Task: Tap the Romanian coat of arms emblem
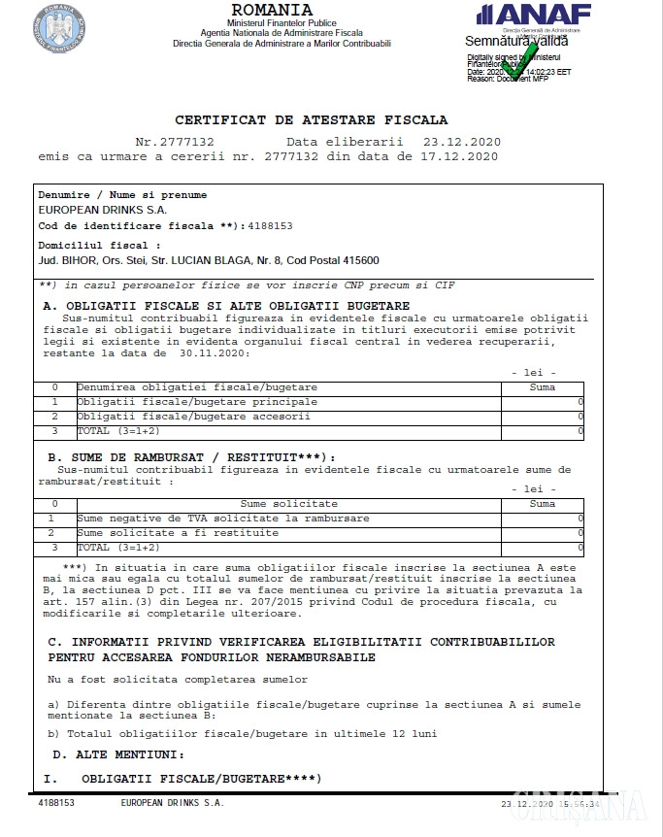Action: click(59, 27)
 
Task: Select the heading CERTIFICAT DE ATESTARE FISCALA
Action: click(312, 120)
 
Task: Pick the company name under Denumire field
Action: click(103, 210)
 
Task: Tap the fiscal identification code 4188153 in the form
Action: click(272, 225)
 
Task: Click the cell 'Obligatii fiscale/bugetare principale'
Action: click(197, 401)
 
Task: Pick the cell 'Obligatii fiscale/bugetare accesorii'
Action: click(194, 416)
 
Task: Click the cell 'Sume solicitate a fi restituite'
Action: click(175, 533)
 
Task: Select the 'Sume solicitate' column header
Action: click(289, 504)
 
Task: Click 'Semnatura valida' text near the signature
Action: click(516, 41)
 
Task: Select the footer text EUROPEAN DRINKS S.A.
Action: click(173, 804)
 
